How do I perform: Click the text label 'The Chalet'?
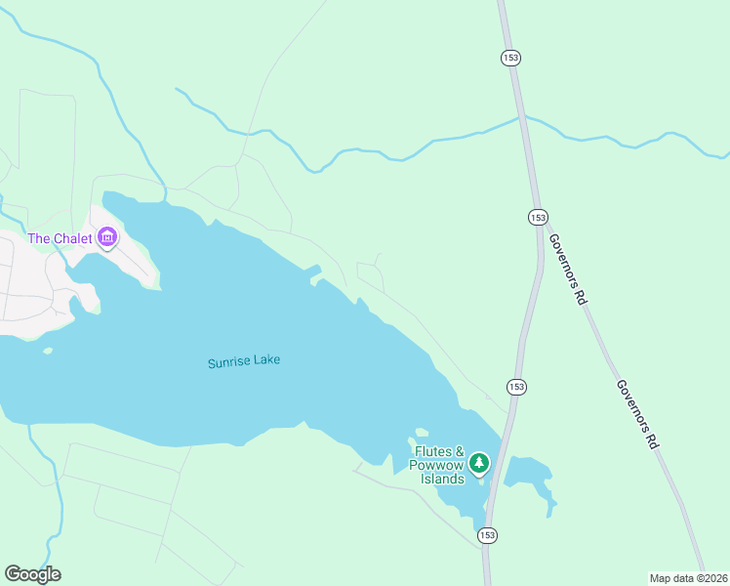tap(60, 238)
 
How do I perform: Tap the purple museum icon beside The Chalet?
tap(107, 237)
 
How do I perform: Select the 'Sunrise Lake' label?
tap(243, 361)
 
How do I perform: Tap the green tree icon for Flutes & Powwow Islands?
tap(478, 462)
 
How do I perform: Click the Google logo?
tap(32, 573)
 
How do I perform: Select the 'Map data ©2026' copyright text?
tap(688, 577)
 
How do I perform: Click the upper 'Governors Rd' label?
tap(566, 270)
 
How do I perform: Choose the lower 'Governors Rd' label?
tap(638, 414)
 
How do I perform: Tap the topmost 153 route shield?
tap(510, 58)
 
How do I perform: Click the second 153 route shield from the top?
tap(538, 217)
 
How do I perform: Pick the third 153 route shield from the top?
tap(516, 387)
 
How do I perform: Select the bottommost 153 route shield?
tap(487, 534)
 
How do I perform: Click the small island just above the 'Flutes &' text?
tap(422, 433)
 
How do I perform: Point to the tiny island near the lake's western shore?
tap(47, 351)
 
